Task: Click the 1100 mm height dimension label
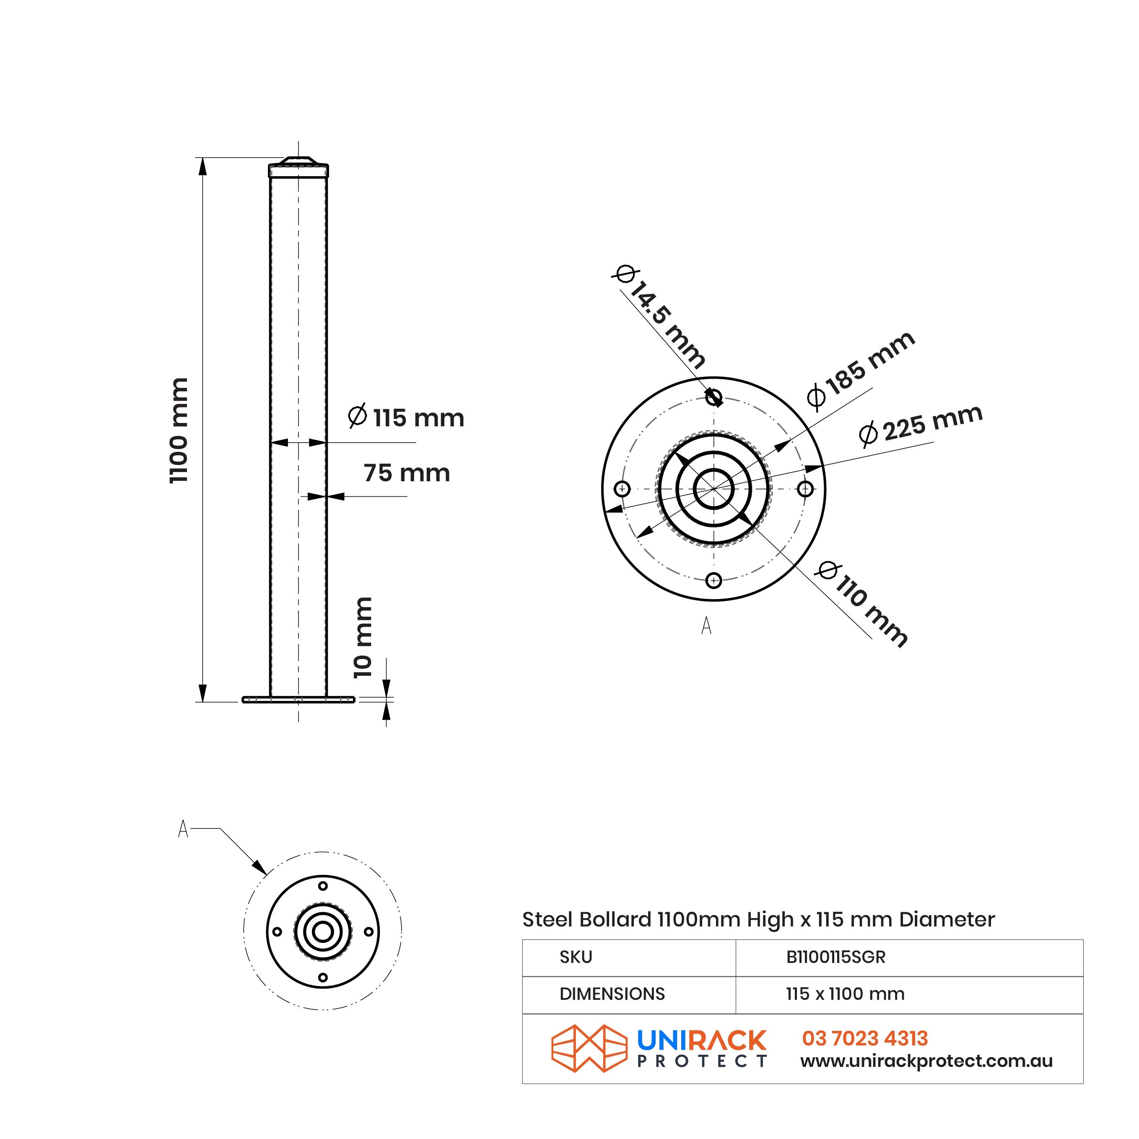coord(178,431)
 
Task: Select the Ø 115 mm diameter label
coord(406,418)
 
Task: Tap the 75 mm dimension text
coord(406,473)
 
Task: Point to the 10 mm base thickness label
coord(363,638)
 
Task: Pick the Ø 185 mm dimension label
coord(860,370)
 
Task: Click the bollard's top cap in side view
coord(298,167)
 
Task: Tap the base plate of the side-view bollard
coord(298,700)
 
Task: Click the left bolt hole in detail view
coord(622,489)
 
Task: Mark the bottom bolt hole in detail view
coord(713,581)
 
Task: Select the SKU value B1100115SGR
coord(835,957)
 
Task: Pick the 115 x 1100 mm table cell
coord(844,994)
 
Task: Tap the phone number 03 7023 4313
coord(864,1038)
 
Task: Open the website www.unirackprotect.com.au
coord(926,1061)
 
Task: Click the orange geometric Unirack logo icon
coord(589,1049)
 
